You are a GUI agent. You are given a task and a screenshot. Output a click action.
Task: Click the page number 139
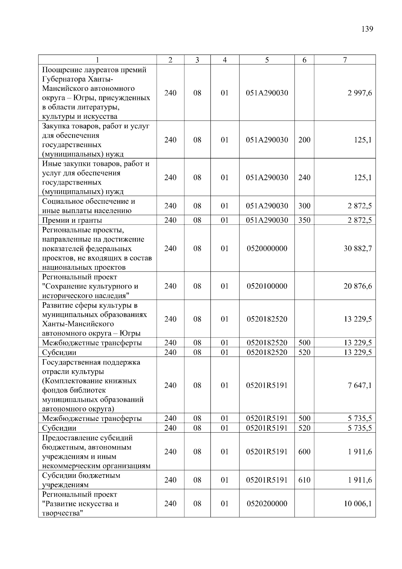(367, 29)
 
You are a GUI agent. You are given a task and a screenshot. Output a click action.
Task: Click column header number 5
(267, 60)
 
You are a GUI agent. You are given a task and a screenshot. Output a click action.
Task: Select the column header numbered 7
(345, 60)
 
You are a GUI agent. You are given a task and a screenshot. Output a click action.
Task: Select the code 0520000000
(267, 249)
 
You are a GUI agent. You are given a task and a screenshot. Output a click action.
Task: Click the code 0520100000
(267, 286)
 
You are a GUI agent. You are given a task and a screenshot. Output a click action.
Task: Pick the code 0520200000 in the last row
(267, 504)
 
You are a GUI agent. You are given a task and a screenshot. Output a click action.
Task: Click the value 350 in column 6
(304, 220)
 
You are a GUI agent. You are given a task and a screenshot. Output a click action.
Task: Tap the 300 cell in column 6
(304, 206)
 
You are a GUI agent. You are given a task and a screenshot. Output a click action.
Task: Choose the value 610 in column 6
(304, 480)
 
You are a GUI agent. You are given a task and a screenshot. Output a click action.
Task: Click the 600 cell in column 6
(304, 452)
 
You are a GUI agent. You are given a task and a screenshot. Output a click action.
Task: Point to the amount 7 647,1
(359, 386)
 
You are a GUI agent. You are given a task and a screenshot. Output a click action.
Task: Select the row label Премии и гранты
(72, 220)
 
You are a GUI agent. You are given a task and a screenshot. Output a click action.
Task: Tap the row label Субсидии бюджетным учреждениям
(81, 480)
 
